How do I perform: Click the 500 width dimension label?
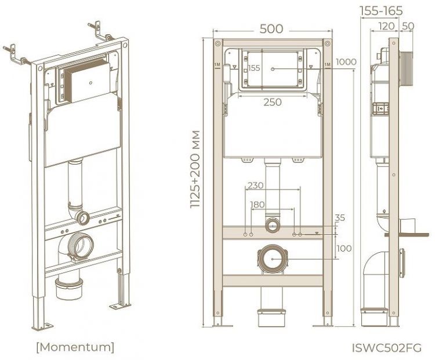pyautogui.click(x=272, y=28)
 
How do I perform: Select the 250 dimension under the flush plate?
pyautogui.click(x=272, y=102)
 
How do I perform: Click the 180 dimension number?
pyautogui.click(x=258, y=205)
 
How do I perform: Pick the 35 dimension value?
pyautogui.click(x=340, y=219)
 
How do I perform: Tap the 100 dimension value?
pyautogui.click(x=344, y=248)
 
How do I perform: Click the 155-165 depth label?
pyautogui.click(x=381, y=11)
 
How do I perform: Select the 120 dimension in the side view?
pyautogui.click(x=387, y=26)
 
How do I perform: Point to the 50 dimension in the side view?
pyautogui.click(x=407, y=26)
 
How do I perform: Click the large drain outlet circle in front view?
pyautogui.click(x=272, y=258)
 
